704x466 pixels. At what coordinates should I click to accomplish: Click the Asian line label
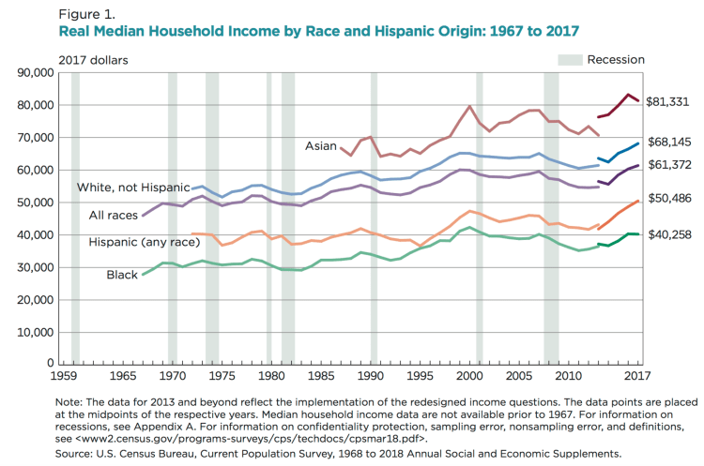point(320,145)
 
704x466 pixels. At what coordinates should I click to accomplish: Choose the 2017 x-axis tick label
point(639,376)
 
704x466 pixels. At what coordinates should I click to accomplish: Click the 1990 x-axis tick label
point(371,376)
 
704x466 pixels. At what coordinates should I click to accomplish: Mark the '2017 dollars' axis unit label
point(94,60)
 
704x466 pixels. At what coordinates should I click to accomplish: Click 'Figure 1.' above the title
point(88,14)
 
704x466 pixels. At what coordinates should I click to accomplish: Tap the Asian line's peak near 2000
point(469,106)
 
